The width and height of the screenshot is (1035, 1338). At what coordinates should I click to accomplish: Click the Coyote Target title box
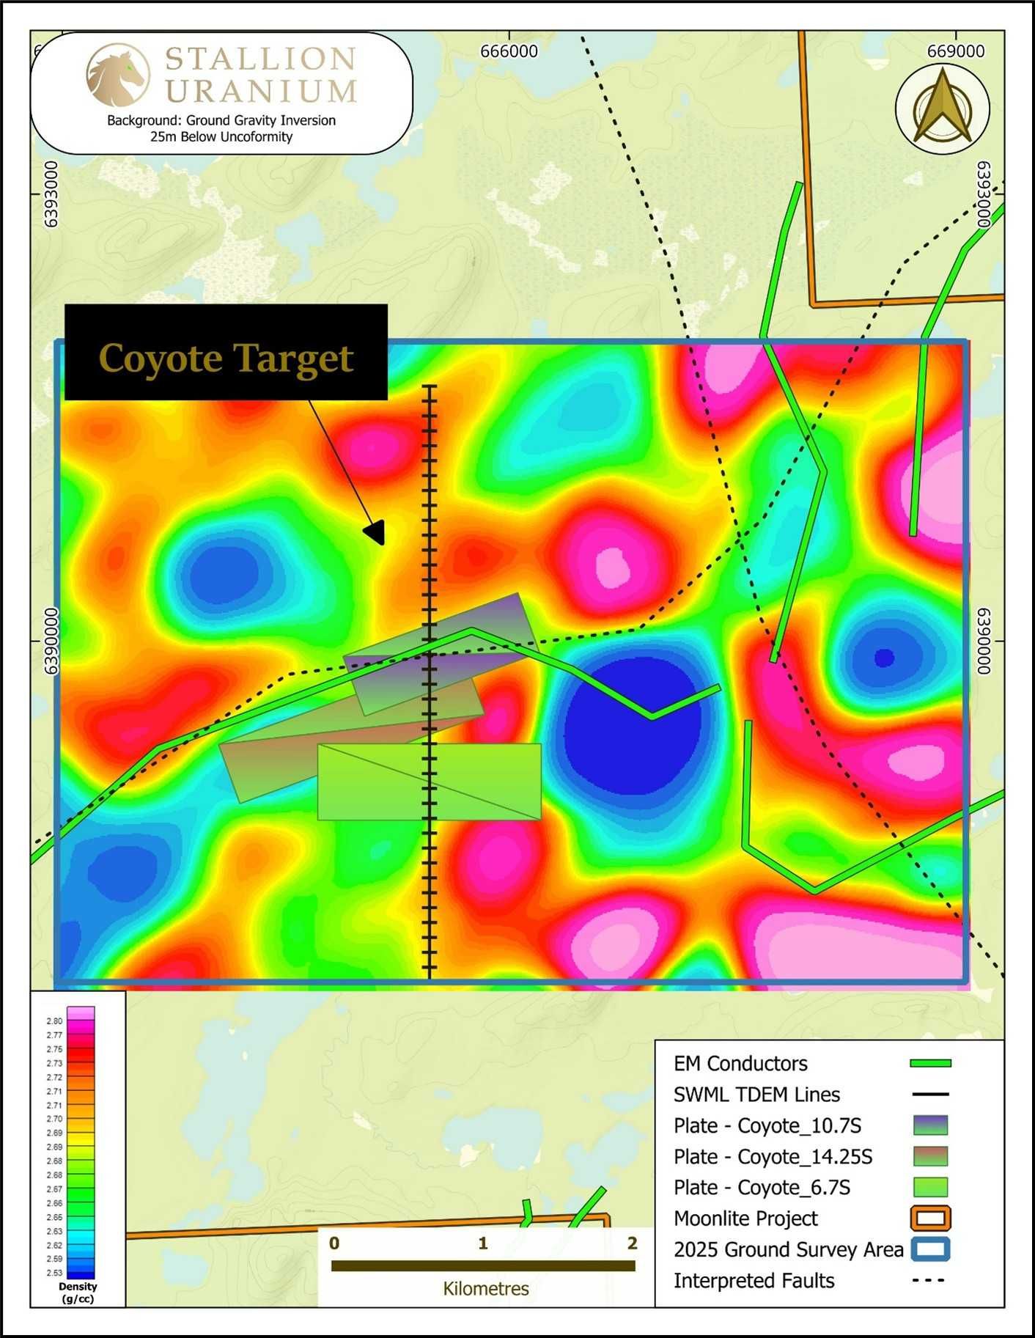(x=226, y=353)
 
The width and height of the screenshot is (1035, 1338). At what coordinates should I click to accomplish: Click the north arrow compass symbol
(x=942, y=107)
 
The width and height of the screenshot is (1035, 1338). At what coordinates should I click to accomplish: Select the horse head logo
(x=117, y=75)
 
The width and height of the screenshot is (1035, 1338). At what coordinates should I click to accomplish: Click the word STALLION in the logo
(x=260, y=59)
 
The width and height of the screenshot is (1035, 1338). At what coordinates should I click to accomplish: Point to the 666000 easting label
(x=509, y=51)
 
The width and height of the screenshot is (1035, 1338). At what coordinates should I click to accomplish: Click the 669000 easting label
(x=955, y=51)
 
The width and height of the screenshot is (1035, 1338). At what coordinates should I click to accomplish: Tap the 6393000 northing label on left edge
(x=51, y=194)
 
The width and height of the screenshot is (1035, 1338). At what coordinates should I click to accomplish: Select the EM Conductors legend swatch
(x=929, y=1063)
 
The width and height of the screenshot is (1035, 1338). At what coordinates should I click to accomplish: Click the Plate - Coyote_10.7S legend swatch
(x=930, y=1125)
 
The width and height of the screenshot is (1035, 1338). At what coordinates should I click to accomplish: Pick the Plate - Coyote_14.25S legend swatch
(x=930, y=1156)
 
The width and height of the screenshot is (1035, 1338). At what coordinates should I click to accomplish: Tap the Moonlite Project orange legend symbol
(x=930, y=1218)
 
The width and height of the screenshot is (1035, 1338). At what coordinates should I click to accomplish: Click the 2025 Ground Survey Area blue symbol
(x=930, y=1249)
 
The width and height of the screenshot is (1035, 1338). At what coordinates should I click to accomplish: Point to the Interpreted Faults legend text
(x=754, y=1281)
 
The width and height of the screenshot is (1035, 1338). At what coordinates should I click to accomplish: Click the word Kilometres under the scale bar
(x=485, y=1289)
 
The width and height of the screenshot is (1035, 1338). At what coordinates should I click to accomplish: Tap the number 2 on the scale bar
(x=632, y=1243)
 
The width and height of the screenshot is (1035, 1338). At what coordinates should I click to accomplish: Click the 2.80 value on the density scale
(x=54, y=1021)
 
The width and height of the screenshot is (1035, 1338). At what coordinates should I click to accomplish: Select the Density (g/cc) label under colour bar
(x=78, y=1293)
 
